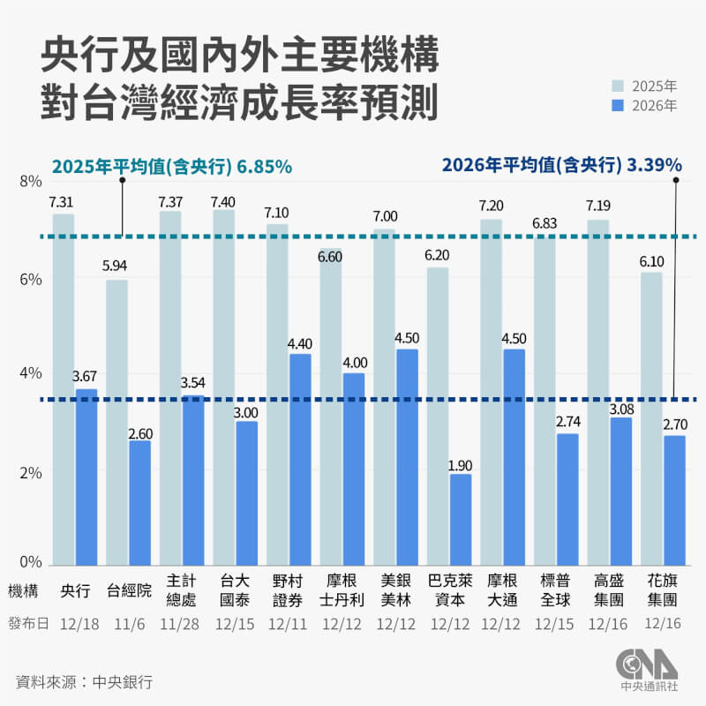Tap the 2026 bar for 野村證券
pos(300,459)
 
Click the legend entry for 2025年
pos(646,86)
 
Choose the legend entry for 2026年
pos(646,106)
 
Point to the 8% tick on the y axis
pos(30,182)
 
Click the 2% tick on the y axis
pos(30,472)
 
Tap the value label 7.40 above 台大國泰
pos(223,202)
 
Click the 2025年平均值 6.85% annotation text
pos(172,166)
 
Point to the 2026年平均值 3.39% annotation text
pos(561,165)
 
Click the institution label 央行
pos(75,591)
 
